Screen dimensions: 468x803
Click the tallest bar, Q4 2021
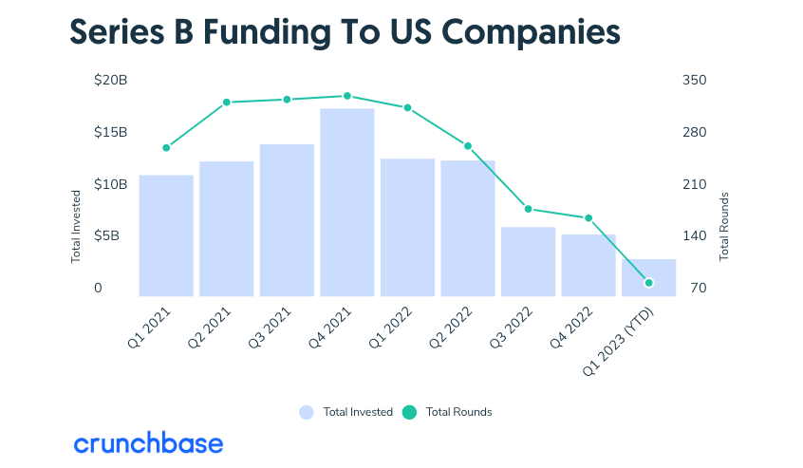coord(346,202)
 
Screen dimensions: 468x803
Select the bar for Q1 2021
coord(166,235)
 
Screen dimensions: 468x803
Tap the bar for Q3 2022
coord(528,261)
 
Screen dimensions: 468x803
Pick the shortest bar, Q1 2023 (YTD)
coord(648,277)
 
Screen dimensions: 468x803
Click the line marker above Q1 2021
coord(166,148)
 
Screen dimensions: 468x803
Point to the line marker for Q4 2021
coord(347,96)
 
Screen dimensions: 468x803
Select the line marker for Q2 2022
coord(467,146)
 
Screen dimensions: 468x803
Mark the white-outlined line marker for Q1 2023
coord(648,283)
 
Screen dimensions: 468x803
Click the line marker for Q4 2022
coord(588,218)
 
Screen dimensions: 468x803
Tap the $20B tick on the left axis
coord(110,81)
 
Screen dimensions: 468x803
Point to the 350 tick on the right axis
coord(695,81)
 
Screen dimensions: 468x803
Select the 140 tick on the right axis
coord(695,236)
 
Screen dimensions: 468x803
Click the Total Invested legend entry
coord(346,412)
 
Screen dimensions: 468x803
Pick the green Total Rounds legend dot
coord(409,412)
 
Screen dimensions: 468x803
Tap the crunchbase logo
coord(148,443)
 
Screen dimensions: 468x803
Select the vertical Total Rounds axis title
coord(724,227)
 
